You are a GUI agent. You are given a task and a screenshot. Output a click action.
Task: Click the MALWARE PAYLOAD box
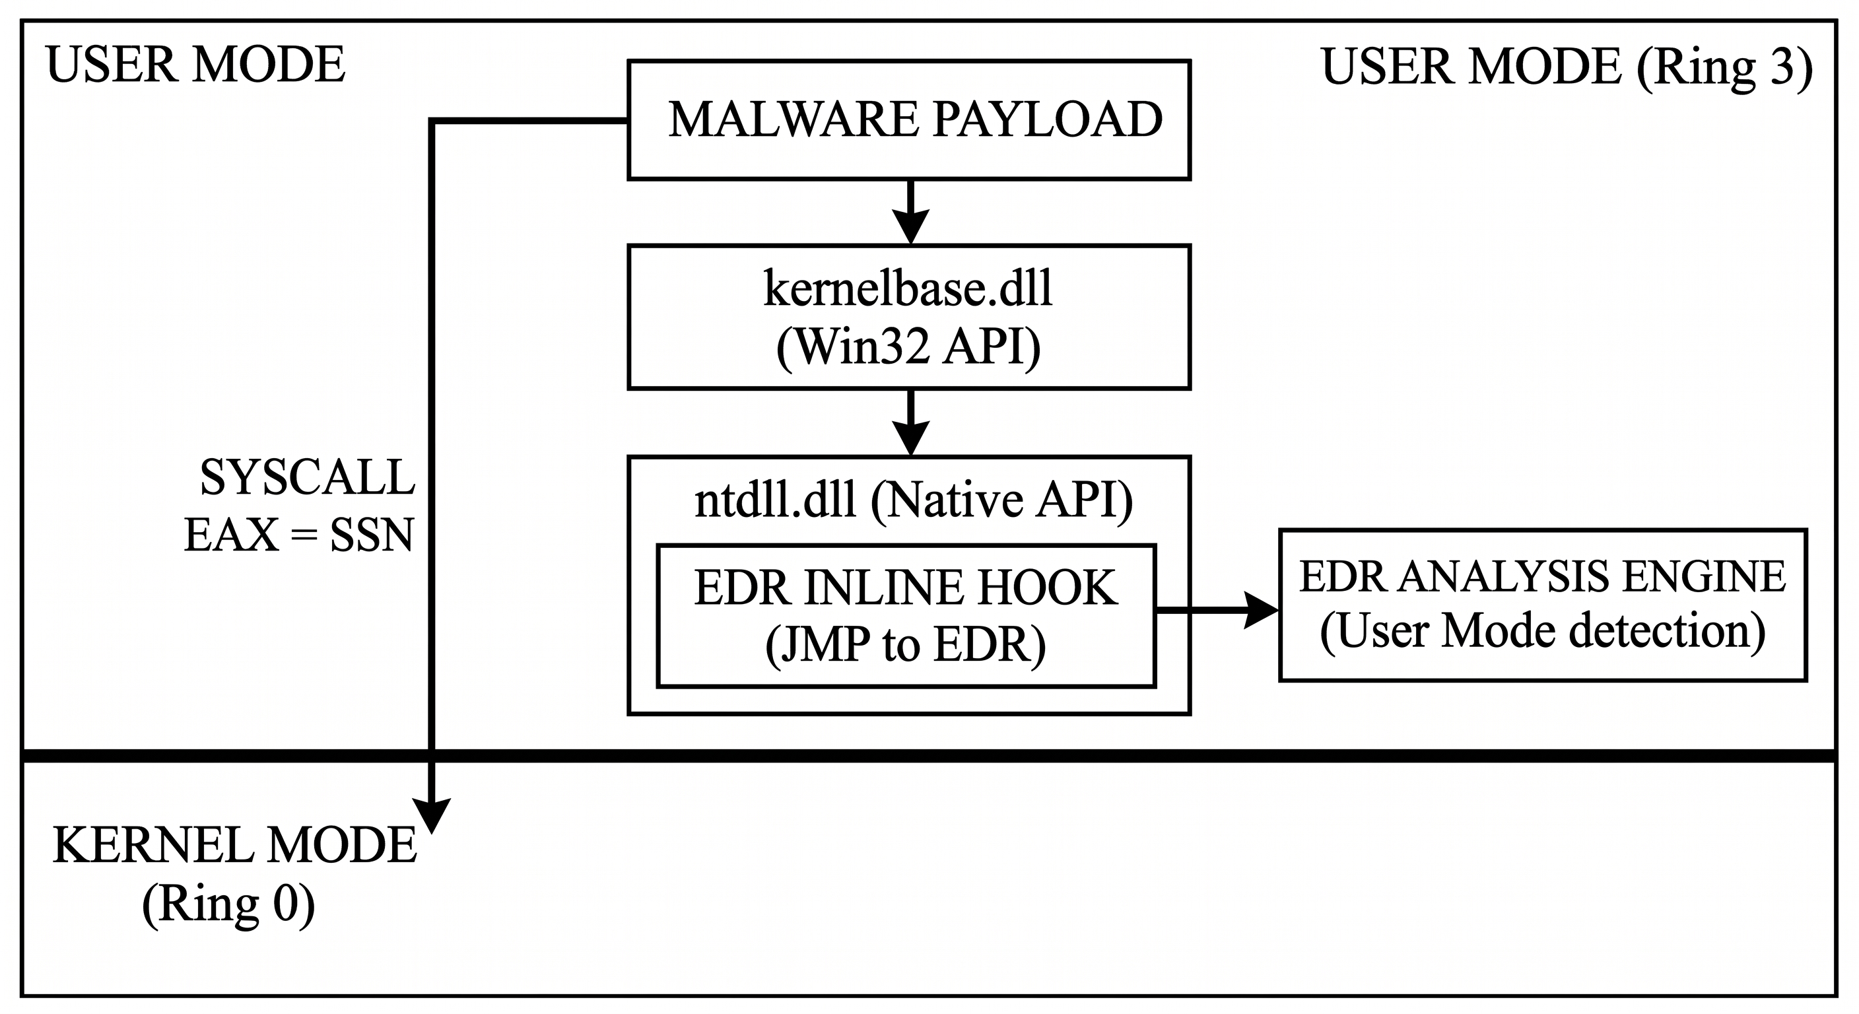(908, 119)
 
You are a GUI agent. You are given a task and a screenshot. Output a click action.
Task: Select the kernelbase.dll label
(908, 288)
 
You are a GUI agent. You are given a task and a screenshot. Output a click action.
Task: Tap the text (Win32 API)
(908, 347)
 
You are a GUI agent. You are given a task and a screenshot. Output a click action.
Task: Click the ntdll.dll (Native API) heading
(914, 500)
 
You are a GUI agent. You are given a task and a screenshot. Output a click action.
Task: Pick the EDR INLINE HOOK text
(906, 588)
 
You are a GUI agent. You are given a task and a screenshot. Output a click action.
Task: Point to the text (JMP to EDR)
(906, 644)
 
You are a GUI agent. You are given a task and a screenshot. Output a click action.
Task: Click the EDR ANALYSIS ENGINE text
(1542, 576)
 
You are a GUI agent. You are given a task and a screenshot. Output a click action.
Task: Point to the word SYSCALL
(308, 478)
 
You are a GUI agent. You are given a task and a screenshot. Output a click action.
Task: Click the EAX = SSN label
(299, 535)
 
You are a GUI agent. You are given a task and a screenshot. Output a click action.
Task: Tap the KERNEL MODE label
(235, 845)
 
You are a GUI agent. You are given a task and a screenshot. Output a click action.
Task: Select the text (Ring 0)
(228, 904)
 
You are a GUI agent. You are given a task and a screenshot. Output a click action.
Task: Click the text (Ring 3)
(1724, 68)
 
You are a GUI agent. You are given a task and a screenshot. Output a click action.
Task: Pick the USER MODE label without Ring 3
(195, 65)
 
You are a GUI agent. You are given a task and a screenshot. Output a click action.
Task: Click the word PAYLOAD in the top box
(1047, 119)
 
